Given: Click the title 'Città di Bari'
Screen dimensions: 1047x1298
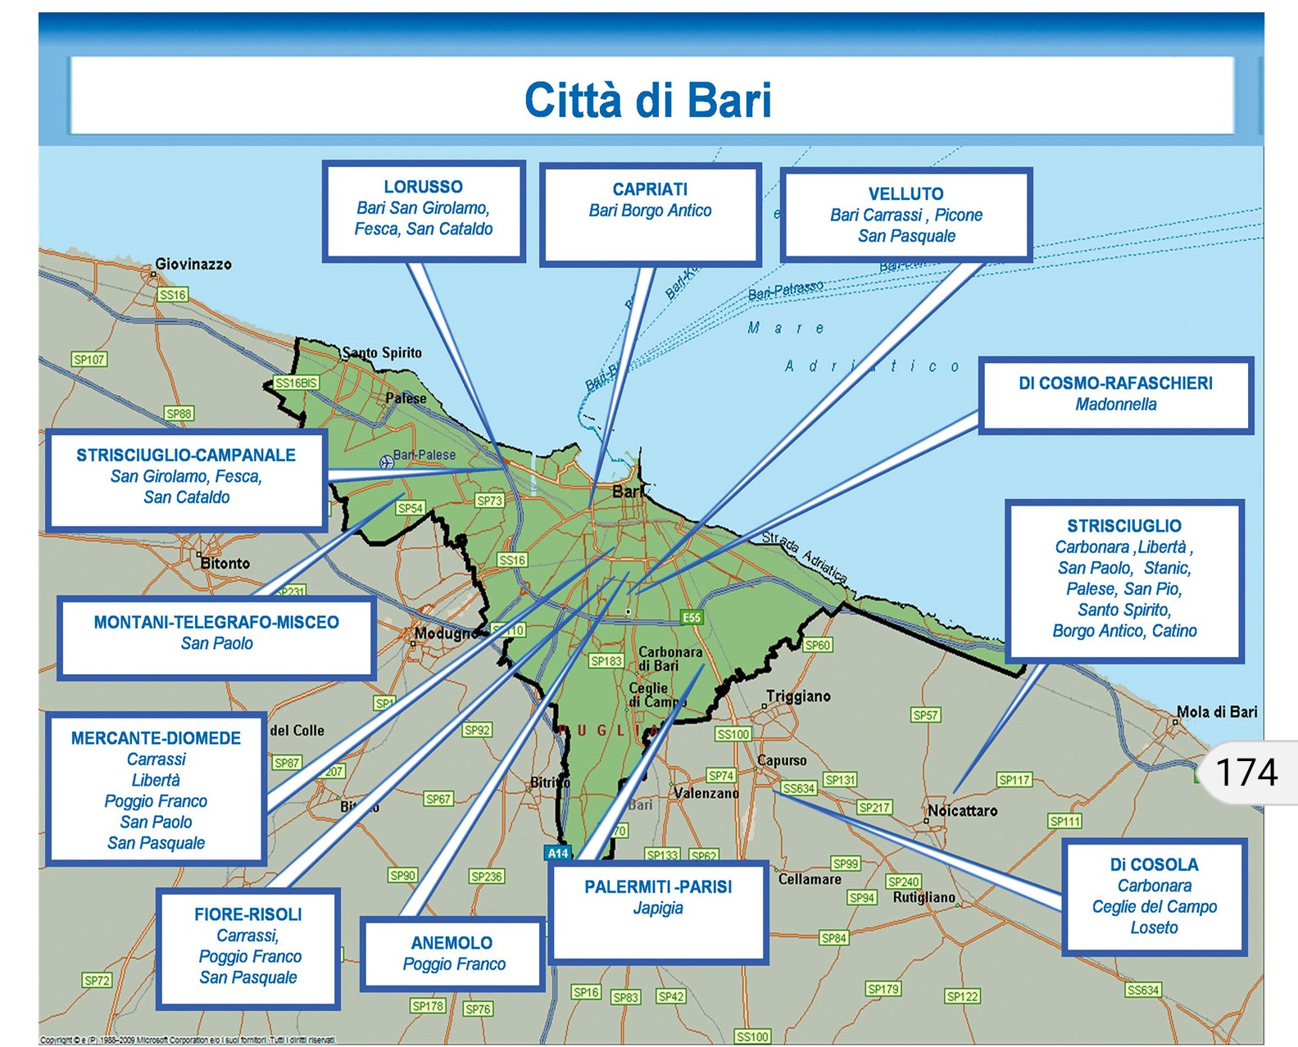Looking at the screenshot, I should pos(647,100).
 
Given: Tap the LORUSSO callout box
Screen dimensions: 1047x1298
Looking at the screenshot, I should pos(424,210).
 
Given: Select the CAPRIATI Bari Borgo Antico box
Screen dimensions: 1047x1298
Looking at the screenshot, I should pos(650,215).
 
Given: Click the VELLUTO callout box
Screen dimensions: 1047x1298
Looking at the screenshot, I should pos(905,215).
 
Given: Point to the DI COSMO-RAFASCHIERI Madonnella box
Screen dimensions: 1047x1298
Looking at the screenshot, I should pos(1115,394).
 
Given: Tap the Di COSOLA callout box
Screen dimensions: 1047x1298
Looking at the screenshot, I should pos(1154,896).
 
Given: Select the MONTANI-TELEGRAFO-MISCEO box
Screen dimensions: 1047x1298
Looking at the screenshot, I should pos(216,636).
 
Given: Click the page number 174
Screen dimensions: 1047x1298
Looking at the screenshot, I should pos(1246,773).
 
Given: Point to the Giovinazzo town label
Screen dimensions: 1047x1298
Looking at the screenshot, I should pos(193,264).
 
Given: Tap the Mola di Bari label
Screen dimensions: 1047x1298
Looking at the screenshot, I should pos(1217,712).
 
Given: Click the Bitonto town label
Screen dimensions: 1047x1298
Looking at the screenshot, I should pos(225,564).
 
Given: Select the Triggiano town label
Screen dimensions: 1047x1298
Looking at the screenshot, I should pos(798,696).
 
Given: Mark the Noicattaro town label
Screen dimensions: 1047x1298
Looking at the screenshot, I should pos(963,810).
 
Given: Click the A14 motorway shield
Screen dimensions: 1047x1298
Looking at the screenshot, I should pos(558,853).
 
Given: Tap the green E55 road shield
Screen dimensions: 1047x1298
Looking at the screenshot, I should pos(692,618).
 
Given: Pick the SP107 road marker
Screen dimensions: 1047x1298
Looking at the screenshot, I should pos(89,360).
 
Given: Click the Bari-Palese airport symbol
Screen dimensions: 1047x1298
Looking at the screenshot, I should pos(387,462).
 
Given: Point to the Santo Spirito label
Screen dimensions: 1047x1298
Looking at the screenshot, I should pos(382,353).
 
